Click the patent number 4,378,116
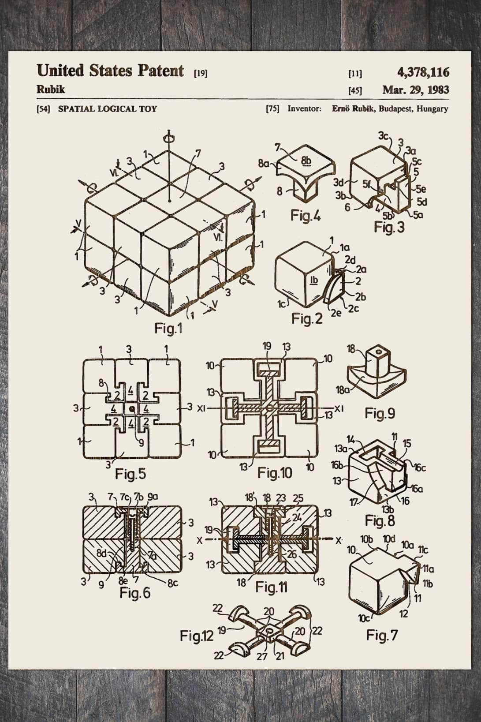pos(423,72)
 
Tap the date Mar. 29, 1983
pos(415,90)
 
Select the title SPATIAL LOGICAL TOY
pos(107,109)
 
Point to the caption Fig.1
pos(168,328)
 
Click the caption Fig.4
pos(305,216)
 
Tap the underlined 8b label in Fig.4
pos(306,161)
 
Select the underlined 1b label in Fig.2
pos(314,279)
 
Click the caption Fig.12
pos(196,636)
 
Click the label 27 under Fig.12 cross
pos(262,656)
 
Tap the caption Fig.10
pos(275,473)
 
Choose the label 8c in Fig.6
pos(172,583)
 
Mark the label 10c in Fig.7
pos(364,618)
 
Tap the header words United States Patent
pos(110,71)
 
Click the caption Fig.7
pos(382,636)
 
